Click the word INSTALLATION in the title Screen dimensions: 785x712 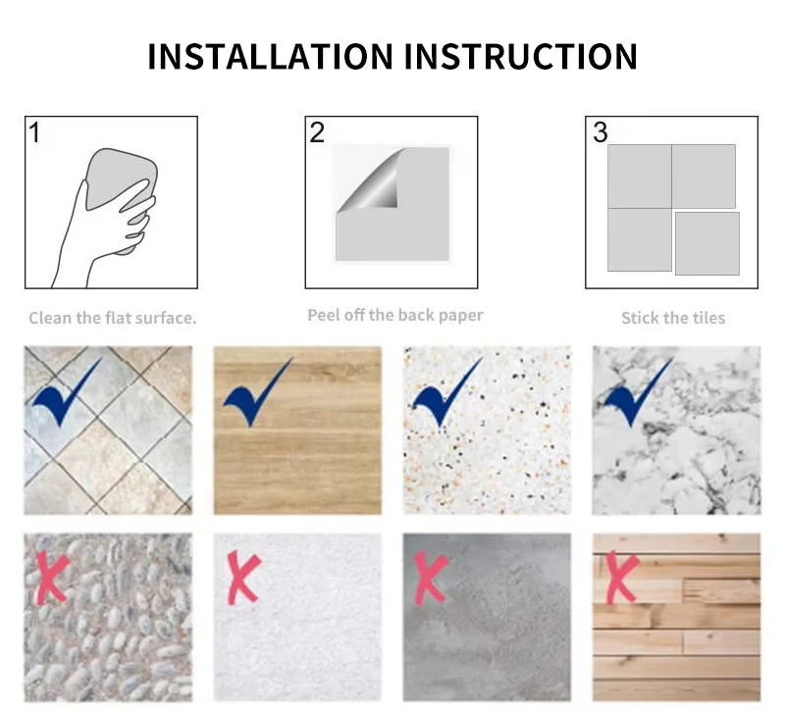(271, 56)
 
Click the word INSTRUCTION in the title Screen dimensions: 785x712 (521, 56)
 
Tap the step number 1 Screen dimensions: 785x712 (34, 132)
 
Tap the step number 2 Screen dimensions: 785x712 (317, 132)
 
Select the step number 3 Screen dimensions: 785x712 (601, 132)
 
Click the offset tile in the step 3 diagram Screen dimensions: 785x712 (706, 243)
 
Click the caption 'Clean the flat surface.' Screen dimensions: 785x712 (113, 318)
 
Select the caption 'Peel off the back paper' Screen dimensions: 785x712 (395, 315)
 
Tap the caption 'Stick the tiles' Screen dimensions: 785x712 (673, 318)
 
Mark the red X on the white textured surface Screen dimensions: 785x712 (243, 577)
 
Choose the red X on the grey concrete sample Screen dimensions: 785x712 (432, 577)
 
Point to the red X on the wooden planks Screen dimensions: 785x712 (622, 577)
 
